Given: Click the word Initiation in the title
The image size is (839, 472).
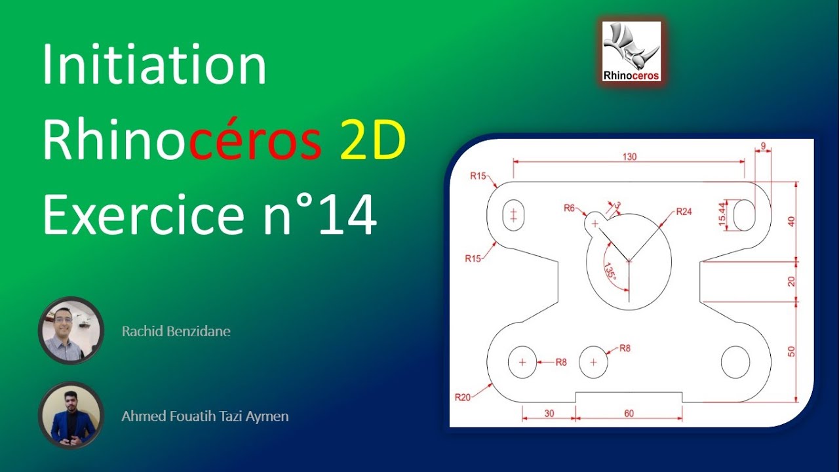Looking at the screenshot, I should pos(154,66).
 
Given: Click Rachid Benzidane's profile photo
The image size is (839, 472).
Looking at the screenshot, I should pos(71,330).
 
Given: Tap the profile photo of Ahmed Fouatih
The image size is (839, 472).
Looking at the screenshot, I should pos(71,416).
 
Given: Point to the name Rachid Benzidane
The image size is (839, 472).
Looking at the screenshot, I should pos(176,332).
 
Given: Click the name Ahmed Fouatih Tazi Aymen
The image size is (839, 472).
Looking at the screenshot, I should pos(205,416).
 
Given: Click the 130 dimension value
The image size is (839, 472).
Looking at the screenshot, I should pos(629,157).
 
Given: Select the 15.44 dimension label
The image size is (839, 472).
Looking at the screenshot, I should pos(722,214).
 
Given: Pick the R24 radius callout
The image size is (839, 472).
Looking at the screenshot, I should pos(684,212).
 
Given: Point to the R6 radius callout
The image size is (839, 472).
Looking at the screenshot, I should pos(569,208).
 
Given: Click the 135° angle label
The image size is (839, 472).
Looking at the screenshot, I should pos(610,272).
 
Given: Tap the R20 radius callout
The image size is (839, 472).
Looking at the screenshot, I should pos(463,396).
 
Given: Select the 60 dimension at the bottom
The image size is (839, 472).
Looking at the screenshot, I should pos(629,414).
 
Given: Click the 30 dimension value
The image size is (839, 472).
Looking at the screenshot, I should pos(549,414).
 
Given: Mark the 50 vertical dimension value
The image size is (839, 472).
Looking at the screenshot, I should pos(791,351).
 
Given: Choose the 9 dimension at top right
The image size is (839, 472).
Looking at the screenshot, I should pos(763,146).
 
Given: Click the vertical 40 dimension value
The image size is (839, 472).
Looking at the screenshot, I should pos(791,221).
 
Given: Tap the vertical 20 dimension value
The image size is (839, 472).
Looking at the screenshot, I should pos(791,281).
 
